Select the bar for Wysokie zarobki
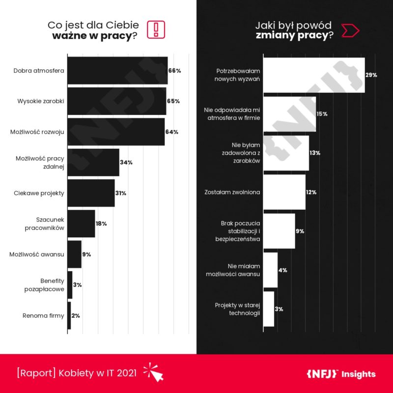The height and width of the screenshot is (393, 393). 116,101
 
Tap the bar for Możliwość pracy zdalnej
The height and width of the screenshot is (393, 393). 93,162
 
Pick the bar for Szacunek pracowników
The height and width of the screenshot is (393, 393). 81,224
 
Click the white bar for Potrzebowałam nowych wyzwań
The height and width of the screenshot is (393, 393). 314,75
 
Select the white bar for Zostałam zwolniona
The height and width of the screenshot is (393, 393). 284,192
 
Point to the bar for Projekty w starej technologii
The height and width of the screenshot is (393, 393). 269,309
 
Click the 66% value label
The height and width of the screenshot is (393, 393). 175,71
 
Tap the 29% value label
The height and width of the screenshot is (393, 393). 371,75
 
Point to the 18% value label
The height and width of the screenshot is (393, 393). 101,224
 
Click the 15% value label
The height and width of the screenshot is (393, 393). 322,114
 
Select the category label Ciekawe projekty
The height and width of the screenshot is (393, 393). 39,193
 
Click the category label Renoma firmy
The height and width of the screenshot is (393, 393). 44,315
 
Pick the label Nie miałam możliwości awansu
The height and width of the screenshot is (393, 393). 233,270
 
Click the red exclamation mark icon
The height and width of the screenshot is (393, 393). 156,29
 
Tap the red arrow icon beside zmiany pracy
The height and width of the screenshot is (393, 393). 351,30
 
